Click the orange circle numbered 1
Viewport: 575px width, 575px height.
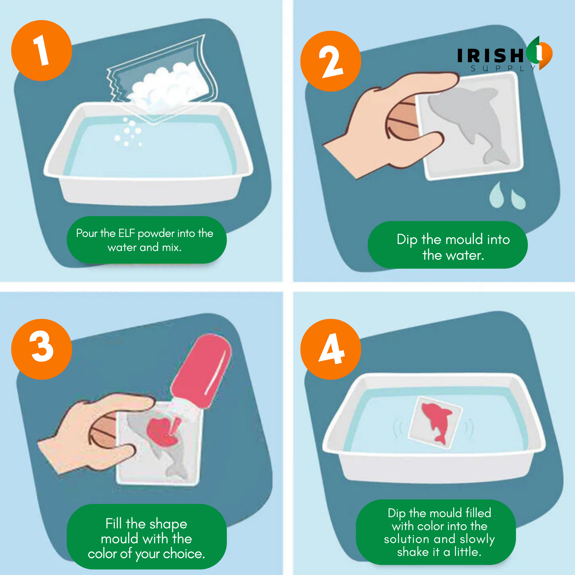[42, 50]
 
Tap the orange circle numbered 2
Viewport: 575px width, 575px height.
[331, 61]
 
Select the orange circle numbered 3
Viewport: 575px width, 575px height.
[42, 349]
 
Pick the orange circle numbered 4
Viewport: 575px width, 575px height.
[331, 349]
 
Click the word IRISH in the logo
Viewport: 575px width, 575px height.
[490, 55]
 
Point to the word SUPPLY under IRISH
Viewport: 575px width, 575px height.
[503, 69]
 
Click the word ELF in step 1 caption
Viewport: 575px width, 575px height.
[126, 233]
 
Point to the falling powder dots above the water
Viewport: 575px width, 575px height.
[128, 132]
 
